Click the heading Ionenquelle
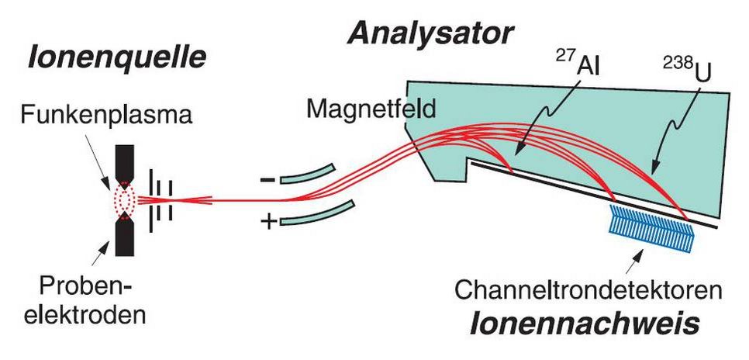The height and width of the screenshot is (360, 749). tap(118, 57)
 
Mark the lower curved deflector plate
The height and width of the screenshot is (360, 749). tap(318, 213)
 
